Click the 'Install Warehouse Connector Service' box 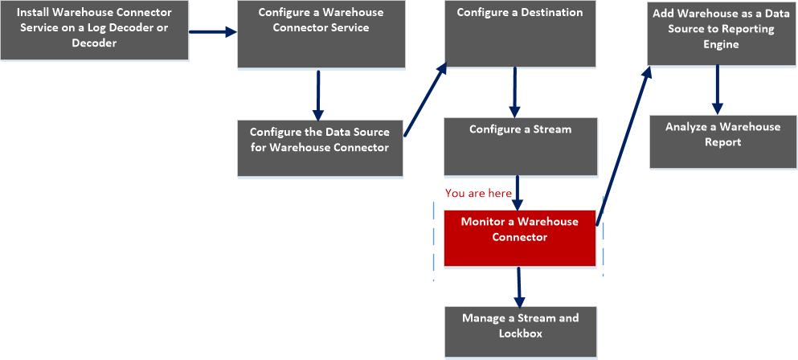pos(94,30)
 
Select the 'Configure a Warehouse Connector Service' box pos(321,34)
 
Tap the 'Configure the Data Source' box pos(319,148)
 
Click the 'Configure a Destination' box pos(520,34)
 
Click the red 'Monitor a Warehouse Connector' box pos(519,238)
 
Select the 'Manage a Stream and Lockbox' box pos(520,332)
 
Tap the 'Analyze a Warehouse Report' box pos(722,141)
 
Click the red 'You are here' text pos(478,194)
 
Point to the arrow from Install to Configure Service pos(213,32)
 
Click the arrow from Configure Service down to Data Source pos(318,95)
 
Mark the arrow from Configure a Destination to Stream pos(515,92)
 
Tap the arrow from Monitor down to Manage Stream pos(519,285)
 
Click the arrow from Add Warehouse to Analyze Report pos(718,89)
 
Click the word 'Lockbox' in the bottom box pos(520,333)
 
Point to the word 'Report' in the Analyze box pos(722,142)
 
